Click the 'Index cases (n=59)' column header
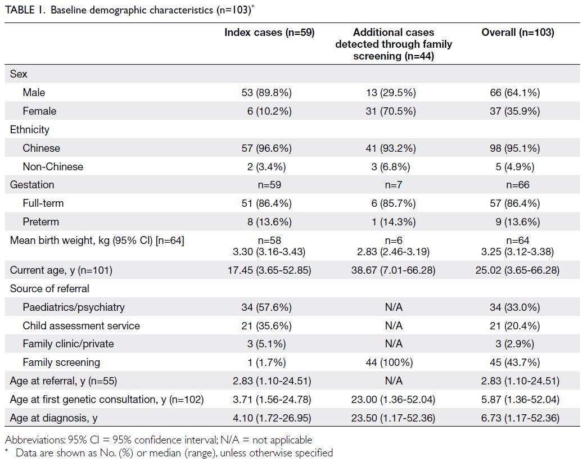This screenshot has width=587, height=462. (269, 33)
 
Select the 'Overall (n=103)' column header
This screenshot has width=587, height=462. (518, 33)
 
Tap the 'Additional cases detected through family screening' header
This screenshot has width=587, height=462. (394, 44)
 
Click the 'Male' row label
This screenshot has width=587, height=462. (34, 92)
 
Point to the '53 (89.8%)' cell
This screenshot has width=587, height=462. (267, 92)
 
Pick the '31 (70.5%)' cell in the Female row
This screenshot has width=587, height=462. (391, 111)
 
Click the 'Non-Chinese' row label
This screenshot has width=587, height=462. (53, 166)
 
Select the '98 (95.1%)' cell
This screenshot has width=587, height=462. (514, 148)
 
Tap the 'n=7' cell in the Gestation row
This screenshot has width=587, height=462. (394, 185)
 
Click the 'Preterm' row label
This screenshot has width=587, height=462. (41, 222)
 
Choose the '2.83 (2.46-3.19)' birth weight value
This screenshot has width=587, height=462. (393, 251)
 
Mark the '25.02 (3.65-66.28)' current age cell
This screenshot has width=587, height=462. (517, 270)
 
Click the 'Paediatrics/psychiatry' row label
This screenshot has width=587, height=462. (74, 307)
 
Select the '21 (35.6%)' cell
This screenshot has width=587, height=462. (267, 326)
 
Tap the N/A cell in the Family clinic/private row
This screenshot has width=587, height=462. (394, 344)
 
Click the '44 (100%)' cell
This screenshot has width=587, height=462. (389, 363)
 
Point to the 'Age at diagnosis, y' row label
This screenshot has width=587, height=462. (53, 418)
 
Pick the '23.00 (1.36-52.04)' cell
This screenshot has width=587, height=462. (393, 400)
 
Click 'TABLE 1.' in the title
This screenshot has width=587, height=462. (25, 10)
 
